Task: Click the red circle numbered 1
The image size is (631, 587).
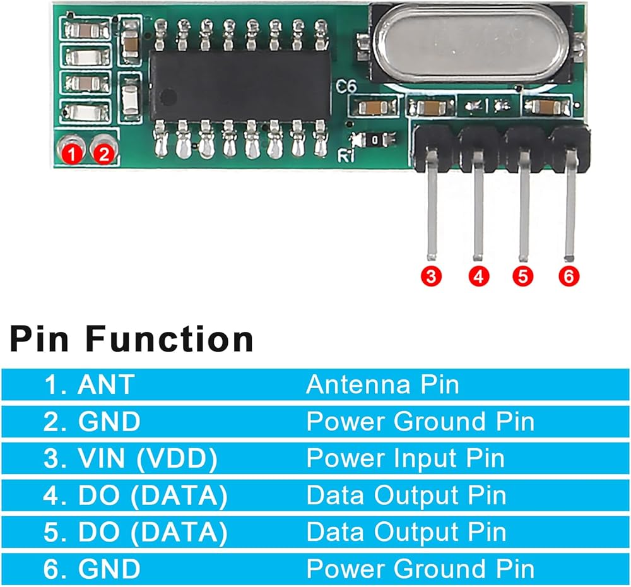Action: point(72,154)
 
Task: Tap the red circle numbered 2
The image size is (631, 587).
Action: point(104,154)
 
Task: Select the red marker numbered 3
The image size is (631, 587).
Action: point(431,276)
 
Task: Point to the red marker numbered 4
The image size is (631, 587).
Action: point(478,276)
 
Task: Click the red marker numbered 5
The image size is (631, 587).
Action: point(522,276)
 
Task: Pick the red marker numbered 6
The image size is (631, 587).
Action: point(569,276)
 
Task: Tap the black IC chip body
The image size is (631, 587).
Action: point(240,86)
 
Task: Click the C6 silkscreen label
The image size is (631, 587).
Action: point(346,86)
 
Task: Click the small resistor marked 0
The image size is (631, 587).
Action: point(375,140)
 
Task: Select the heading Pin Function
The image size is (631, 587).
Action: point(132,340)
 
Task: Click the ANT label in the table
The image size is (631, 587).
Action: point(106,384)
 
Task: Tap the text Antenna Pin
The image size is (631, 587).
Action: point(383,384)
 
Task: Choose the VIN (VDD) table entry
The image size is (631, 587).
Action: point(147,459)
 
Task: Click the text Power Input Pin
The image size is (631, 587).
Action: point(406,459)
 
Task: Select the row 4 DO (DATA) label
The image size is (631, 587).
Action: point(153,495)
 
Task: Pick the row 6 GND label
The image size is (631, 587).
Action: point(109,569)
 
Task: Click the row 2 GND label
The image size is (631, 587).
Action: point(109,422)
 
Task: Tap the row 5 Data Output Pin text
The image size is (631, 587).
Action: point(406,532)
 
